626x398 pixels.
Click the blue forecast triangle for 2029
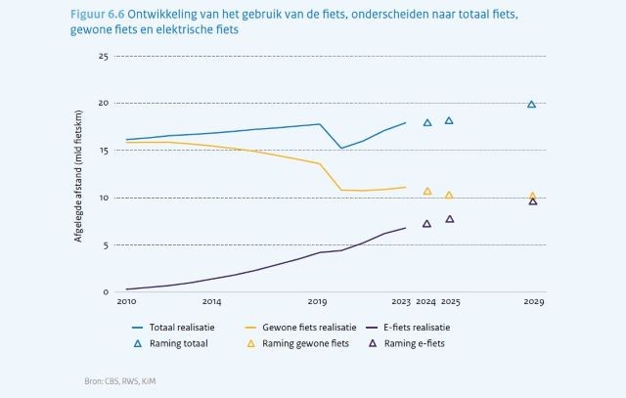click(x=532, y=105)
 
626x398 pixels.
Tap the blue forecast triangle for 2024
click(x=427, y=123)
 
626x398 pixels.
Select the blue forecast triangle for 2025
click(x=449, y=121)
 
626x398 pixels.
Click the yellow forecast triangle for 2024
click(x=427, y=192)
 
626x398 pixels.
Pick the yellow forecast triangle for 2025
click(x=449, y=196)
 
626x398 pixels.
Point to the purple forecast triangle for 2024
click(x=426, y=224)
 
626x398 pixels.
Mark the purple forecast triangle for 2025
click(x=450, y=219)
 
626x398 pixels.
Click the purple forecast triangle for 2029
click(x=533, y=201)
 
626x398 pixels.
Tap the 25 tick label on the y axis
click(x=103, y=56)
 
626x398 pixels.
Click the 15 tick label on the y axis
click(x=103, y=151)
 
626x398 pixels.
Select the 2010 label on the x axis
click(x=126, y=303)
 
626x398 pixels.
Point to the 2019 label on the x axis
click(x=317, y=303)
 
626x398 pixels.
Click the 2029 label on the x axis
click(x=532, y=303)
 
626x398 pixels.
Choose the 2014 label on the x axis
click(x=211, y=303)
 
